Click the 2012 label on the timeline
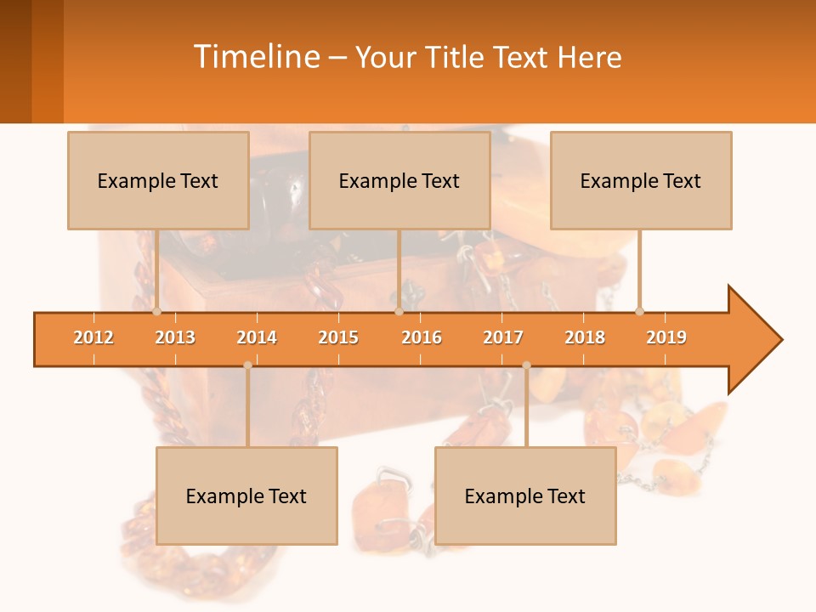[x=93, y=337]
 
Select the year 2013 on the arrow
[x=175, y=337]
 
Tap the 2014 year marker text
[x=257, y=337]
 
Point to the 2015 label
[x=338, y=337]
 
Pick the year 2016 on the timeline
[x=422, y=337]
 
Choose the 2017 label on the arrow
[x=503, y=337]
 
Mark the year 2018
[x=585, y=337]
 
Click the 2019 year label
[x=666, y=337]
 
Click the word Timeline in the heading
[x=255, y=57]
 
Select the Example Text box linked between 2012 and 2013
[x=158, y=180]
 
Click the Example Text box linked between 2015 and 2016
[x=399, y=180]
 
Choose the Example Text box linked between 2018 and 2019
[x=641, y=180]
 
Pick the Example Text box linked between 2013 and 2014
[x=246, y=496]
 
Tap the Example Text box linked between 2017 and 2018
[x=525, y=496]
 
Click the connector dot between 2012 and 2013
[x=156, y=311]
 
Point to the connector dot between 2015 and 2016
[x=399, y=311]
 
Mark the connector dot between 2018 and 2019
[x=639, y=311]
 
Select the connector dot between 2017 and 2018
[x=526, y=365]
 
